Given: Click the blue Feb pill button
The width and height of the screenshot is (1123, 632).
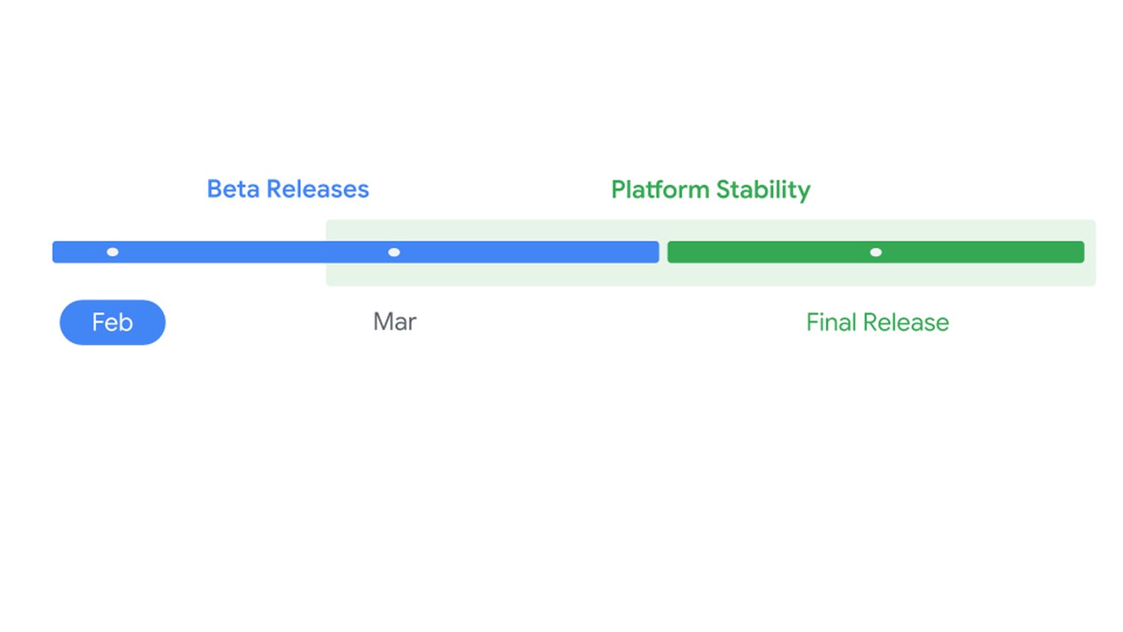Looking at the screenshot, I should click(112, 322).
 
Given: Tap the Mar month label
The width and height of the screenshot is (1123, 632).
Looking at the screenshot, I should click(395, 322).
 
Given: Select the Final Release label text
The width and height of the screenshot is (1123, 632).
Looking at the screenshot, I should click(877, 322).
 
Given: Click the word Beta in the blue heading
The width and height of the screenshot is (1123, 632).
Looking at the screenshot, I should click(234, 189).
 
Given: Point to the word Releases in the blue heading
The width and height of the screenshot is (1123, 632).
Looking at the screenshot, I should click(317, 189).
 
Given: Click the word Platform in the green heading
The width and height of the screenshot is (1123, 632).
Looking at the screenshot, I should click(660, 189).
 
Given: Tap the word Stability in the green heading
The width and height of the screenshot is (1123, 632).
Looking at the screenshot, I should click(763, 189).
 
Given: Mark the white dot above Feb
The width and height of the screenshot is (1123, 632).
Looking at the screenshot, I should click(112, 252).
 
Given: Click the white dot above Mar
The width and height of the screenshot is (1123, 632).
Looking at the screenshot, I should click(394, 252).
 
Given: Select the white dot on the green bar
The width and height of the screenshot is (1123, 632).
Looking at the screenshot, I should click(875, 252).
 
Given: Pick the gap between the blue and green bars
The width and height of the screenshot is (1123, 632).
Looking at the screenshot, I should click(663, 252).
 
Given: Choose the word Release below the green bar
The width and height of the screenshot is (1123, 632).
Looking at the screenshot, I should click(906, 322).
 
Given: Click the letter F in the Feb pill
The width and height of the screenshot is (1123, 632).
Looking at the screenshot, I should click(97, 322).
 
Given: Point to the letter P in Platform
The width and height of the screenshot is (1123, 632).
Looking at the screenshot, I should click(618, 189).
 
